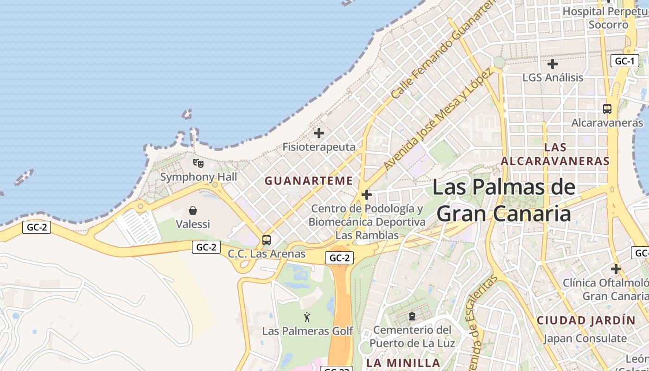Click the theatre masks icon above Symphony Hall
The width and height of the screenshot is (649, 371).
pos(198,163)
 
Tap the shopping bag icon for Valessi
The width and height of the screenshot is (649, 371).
pos(193,211)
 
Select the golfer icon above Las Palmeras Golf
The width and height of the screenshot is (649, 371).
pos(307,318)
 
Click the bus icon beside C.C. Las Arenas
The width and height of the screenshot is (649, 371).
pos(266,240)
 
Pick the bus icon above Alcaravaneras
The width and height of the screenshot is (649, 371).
pos(607,109)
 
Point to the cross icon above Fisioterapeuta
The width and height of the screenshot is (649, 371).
pos(319,134)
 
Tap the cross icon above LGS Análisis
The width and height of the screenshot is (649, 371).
pos(552,64)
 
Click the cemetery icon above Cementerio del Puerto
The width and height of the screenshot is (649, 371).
pos(412,316)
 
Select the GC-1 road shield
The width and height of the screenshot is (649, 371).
pos(624,61)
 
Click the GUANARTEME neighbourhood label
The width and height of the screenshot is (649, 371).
pos(309,181)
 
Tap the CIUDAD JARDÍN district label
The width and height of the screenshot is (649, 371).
pos(586,320)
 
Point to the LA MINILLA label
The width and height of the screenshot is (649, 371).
pos(403,363)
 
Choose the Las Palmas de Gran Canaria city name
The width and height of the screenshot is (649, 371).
pos(504,200)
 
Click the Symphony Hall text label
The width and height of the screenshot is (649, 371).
pos(198,177)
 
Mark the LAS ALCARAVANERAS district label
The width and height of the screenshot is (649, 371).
pos(555,154)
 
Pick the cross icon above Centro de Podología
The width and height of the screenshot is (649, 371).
pos(367,195)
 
